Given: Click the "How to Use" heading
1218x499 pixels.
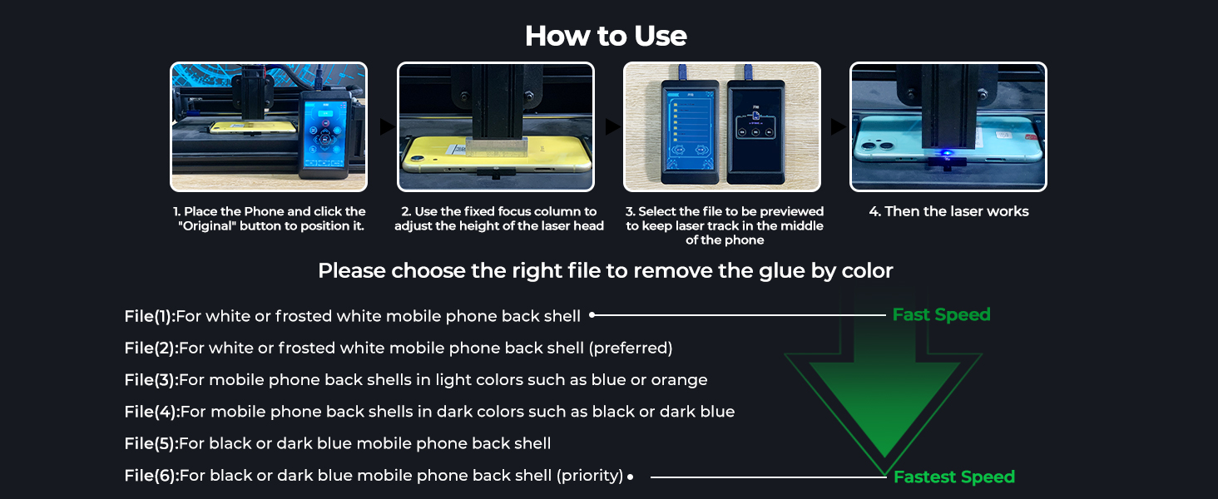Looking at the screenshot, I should pos(606,37).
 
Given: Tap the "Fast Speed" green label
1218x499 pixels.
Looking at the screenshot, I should pos(941,315).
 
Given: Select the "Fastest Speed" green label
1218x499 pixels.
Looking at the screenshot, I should pos(953,477).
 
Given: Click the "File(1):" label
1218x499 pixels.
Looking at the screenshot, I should pos(150,316).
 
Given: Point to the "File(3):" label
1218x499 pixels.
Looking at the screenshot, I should pos(151,380).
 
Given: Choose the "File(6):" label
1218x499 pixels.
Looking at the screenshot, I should pos(151,476).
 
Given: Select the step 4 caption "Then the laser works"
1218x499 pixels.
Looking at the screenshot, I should pos(948,212).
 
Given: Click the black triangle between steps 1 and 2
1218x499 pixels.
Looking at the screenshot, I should pos(387,127).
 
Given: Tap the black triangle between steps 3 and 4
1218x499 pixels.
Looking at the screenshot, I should pos(839,127).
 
